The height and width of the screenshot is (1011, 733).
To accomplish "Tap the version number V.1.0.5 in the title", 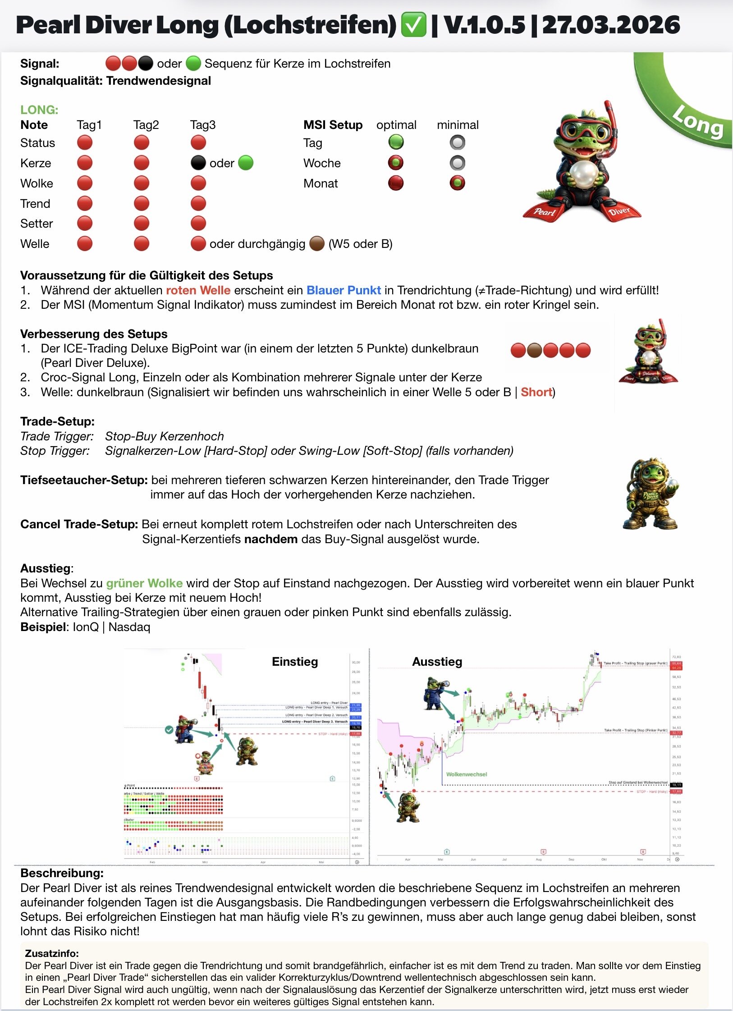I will [485, 25].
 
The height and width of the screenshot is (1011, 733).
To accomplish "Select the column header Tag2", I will [146, 125].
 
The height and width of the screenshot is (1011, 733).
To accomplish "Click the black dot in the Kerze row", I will [198, 163].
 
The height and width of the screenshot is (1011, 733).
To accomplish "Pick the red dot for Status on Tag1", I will [84, 143].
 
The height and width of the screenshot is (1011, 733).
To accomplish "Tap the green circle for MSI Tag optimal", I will [396, 142].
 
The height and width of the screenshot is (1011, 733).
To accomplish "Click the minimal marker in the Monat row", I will [457, 183].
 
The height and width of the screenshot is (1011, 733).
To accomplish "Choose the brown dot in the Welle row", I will [316, 244].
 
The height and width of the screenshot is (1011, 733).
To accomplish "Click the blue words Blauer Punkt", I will [344, 290].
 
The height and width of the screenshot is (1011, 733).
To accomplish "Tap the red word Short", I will [536, 392].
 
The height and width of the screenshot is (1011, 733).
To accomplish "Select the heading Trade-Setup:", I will [57, 421].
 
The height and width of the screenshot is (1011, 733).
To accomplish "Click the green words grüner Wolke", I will [144, 583].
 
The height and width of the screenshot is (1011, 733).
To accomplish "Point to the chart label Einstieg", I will [295, 662].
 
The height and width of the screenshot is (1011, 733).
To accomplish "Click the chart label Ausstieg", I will [437, 662].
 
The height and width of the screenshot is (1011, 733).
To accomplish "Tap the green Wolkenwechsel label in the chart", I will [467, 774].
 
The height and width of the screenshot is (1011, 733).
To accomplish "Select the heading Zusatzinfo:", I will [52, 953].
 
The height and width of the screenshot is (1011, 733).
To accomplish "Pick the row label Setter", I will [37, 224].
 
